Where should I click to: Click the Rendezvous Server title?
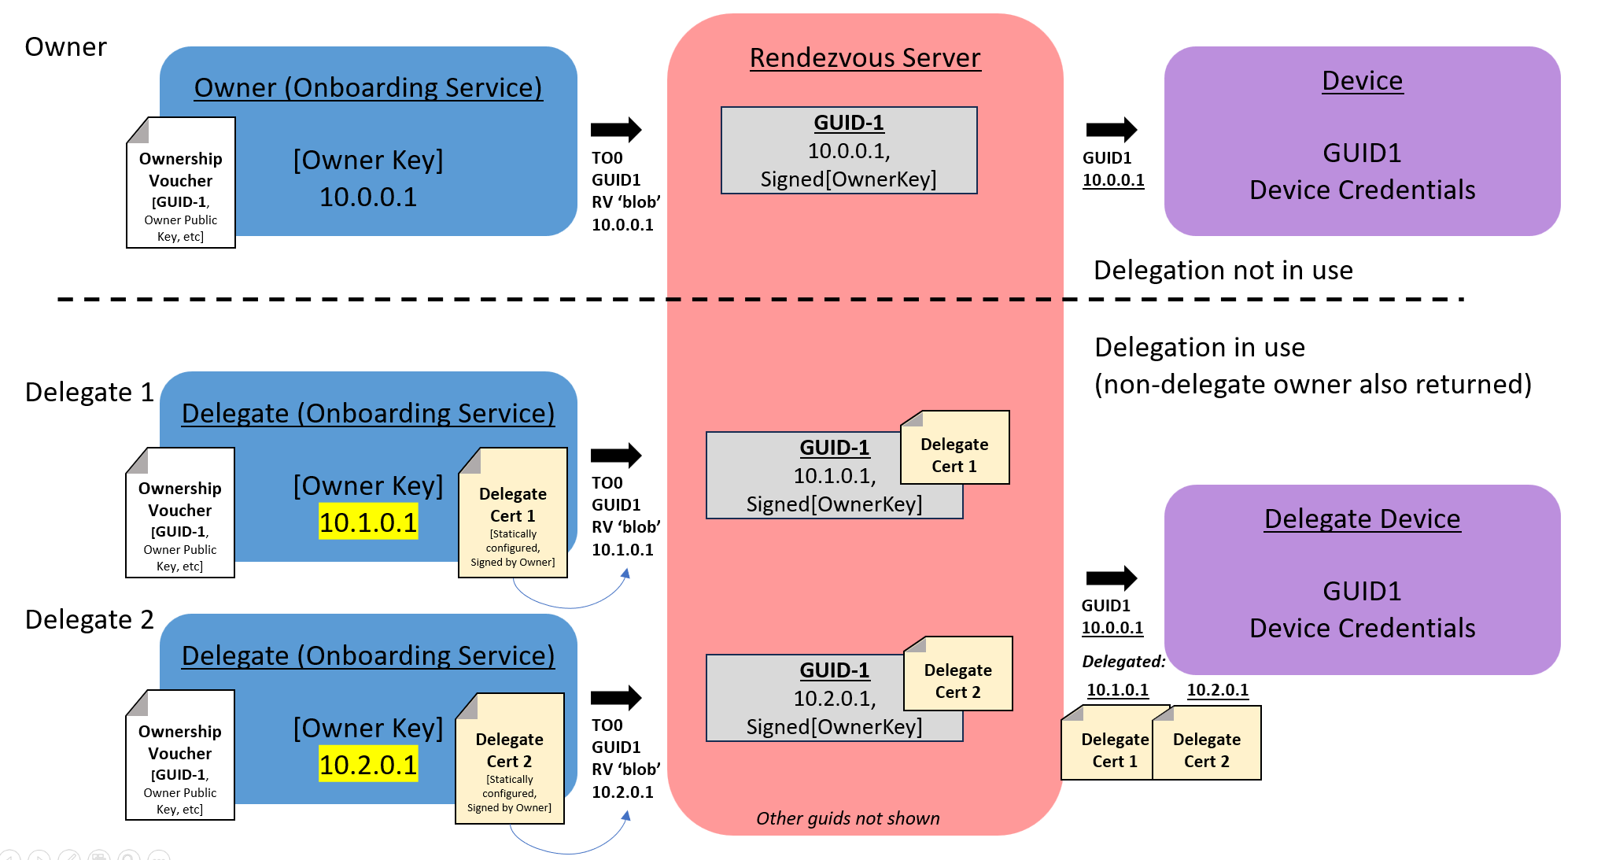(865, 58)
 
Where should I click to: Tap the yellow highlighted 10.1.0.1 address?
(368, 522)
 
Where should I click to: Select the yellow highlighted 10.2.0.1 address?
(368, 765)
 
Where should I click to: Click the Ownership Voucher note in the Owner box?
(181, 184)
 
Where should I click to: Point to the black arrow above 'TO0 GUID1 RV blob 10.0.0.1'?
(616, 130)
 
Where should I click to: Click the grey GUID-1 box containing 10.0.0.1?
(849, 150)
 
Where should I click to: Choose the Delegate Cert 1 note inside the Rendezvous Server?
(954, 448)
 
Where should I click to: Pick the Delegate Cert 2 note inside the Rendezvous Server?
(957, 674)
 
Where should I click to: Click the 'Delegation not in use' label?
(1223, 271)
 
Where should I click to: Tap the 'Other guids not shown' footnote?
(848, 818)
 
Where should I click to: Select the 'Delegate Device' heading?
(1362, 519)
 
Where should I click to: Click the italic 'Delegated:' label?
(1123, 662)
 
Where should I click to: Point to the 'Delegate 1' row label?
(89, 392)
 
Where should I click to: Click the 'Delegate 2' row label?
(89, 620)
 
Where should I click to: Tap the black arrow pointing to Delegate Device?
(1111, 578)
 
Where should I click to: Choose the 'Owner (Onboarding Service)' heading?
(368, 88)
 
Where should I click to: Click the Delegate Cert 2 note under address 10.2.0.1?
(1207, 744)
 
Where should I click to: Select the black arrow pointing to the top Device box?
(1111, 130)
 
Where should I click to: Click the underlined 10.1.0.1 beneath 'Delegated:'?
(1117, 690)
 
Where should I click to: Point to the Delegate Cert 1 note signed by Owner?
(513, 514)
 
